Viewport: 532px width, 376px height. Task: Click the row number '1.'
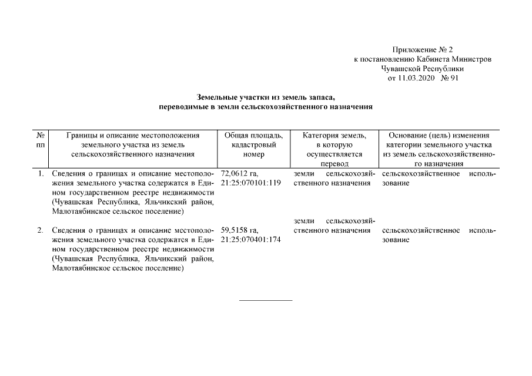click(x=41, y=174)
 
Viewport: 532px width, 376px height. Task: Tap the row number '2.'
click(x=41, y=230)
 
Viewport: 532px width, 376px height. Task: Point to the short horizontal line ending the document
click(x=265, y=301)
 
